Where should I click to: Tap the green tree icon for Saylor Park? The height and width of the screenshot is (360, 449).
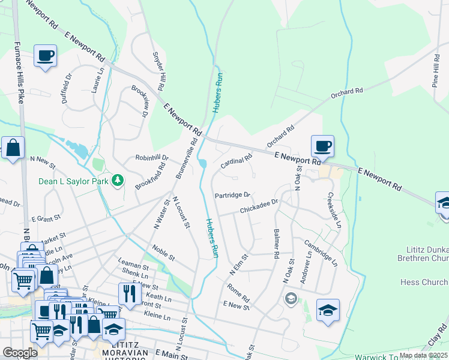[118, 179]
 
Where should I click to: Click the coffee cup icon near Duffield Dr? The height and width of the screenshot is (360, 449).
[46, 56]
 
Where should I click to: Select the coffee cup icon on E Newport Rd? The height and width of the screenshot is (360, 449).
[322, 146]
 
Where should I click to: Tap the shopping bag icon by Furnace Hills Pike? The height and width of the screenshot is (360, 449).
[13, 148]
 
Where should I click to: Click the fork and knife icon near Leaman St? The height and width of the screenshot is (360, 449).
[130, 293]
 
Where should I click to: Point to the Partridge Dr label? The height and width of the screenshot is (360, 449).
[232, 195]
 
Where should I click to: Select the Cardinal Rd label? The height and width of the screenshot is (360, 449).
[236, 161]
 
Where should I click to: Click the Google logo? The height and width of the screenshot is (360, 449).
[20, 353]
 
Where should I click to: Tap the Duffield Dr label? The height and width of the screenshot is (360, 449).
[67, 89]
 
